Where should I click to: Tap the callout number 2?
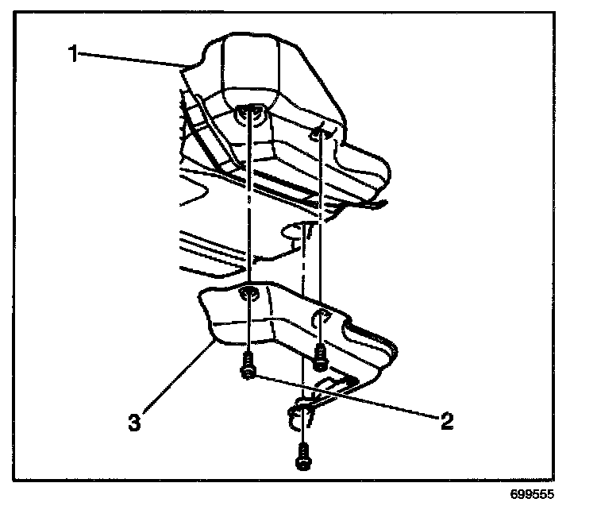447,420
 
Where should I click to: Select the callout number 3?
136,421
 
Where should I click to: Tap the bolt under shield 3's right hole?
319,357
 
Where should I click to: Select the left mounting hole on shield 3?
248,295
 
